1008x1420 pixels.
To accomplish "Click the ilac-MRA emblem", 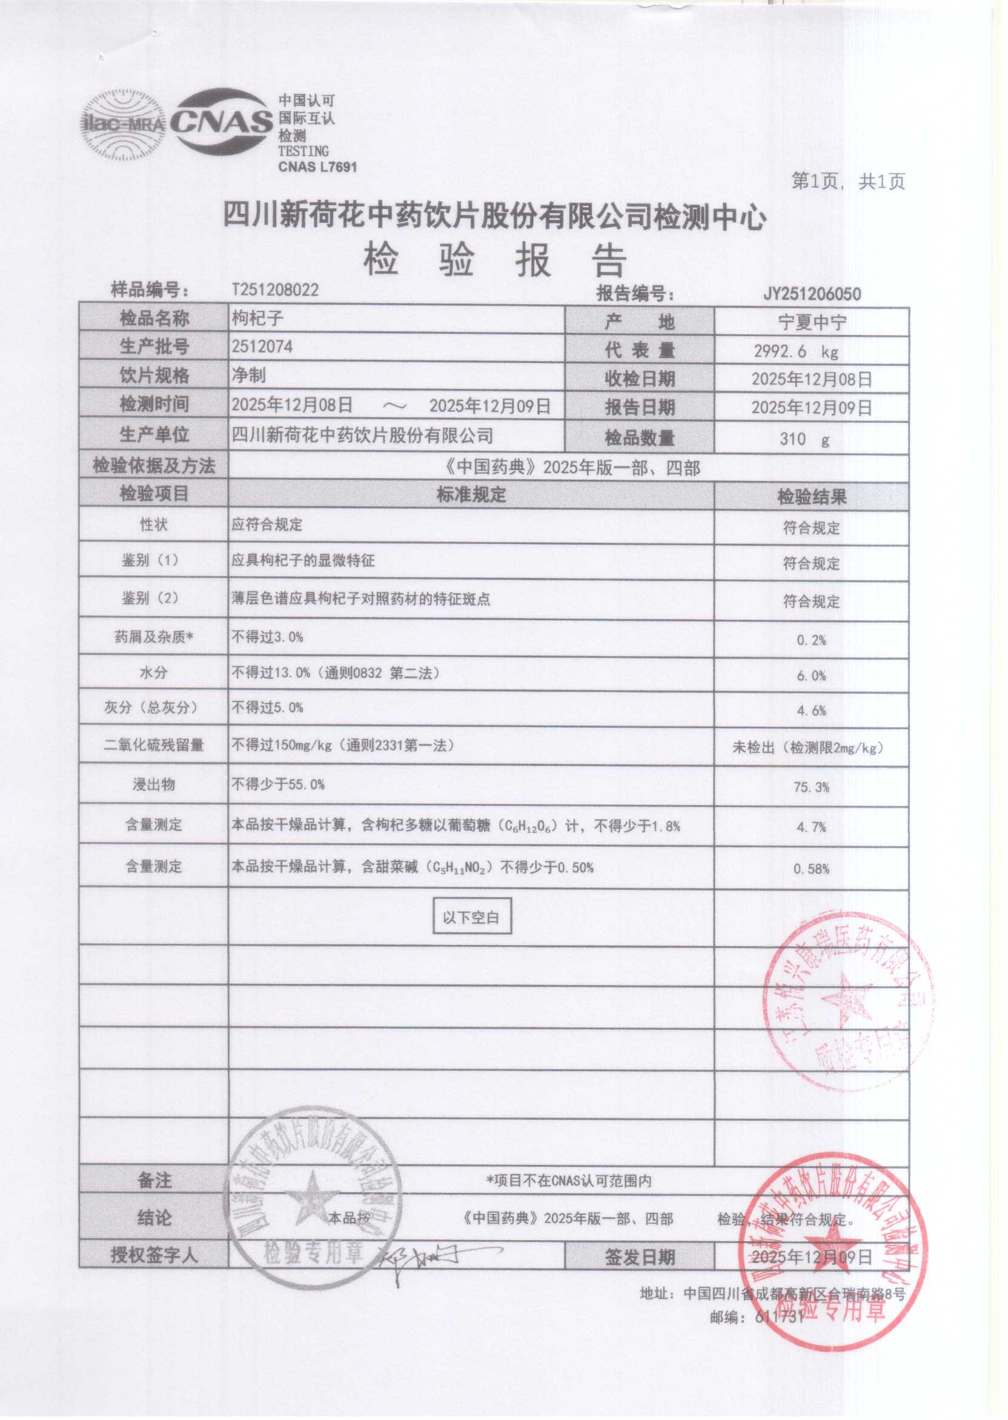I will point(123,124).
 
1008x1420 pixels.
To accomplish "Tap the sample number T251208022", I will point(275,290).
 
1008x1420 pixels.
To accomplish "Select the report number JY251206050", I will point(811,294).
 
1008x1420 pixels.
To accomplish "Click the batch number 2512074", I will point(262,347).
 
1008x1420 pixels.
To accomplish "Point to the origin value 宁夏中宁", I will point(812,323).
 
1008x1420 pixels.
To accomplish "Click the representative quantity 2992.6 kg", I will point(796,351).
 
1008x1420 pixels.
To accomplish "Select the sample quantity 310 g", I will point(804,439).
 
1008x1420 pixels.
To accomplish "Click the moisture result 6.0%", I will point(811,676).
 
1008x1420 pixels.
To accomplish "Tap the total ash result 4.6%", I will point(811,711).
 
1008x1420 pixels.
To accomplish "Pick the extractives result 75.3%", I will point(811,788).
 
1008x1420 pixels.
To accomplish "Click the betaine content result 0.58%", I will point(811,869).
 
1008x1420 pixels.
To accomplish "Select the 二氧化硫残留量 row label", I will point(153,745).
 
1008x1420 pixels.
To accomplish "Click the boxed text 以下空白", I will point(471,917).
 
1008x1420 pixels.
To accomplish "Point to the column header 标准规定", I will point(471,495).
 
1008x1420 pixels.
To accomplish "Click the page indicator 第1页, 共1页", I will point(848,181).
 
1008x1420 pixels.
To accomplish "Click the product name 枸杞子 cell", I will point(257,319).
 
